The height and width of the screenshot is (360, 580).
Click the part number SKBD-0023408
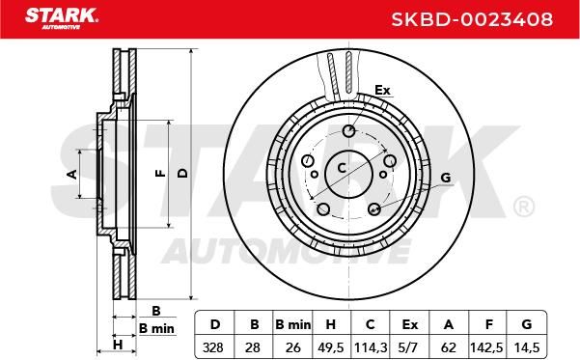(x=472, y=19)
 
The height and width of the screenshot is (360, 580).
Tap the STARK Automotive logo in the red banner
(x=62, y=18)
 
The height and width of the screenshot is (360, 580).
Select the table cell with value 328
(x=213, y=347)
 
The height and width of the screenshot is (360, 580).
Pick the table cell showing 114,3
(x=371, y=347)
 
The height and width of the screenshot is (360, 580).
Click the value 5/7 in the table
(x=409, y=347)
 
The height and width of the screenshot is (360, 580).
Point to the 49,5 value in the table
(x=331, y=347)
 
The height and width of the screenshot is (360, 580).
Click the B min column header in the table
(x=293, y=324)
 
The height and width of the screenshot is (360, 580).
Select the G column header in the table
(x=526, y=324)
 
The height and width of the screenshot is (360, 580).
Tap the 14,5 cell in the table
(x=526, y=347)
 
